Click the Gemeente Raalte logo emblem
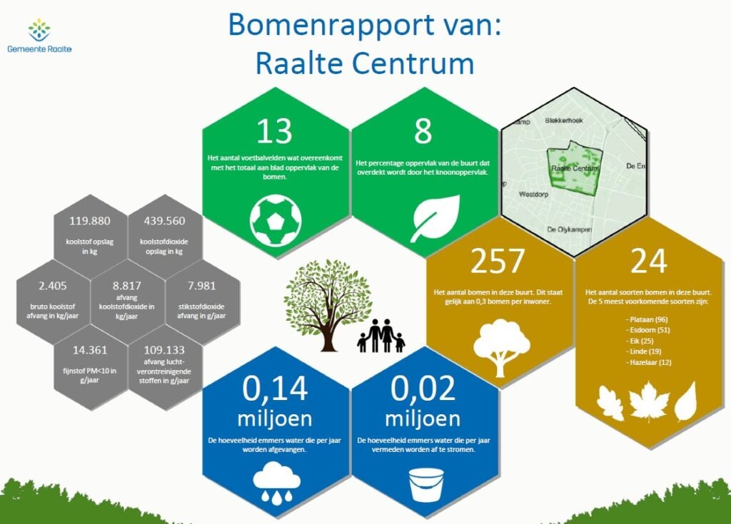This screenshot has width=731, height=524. pos(39,30)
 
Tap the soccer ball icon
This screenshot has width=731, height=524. pos(276,220)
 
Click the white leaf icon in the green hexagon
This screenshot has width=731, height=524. pos(435,218)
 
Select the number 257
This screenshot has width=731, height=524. pos(498,261)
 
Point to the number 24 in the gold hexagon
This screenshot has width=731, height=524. pos(648,261)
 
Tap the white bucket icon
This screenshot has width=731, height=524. pos(426,485)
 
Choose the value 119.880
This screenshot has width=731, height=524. pos(89,221)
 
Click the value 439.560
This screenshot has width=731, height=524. pos(164,221)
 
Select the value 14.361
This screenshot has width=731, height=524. pos(89,350)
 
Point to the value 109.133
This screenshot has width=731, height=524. pos(164,350)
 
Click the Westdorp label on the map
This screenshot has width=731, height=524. pos(533,194)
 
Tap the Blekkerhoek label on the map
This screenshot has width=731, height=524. pos(564,120)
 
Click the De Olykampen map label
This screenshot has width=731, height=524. pos(569,229)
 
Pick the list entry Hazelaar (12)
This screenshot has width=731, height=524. pos(648,362)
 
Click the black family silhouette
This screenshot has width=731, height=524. pos(381,336)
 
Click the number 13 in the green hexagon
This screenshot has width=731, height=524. pos(274,131)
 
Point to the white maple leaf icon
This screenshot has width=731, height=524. pos(649,401)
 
